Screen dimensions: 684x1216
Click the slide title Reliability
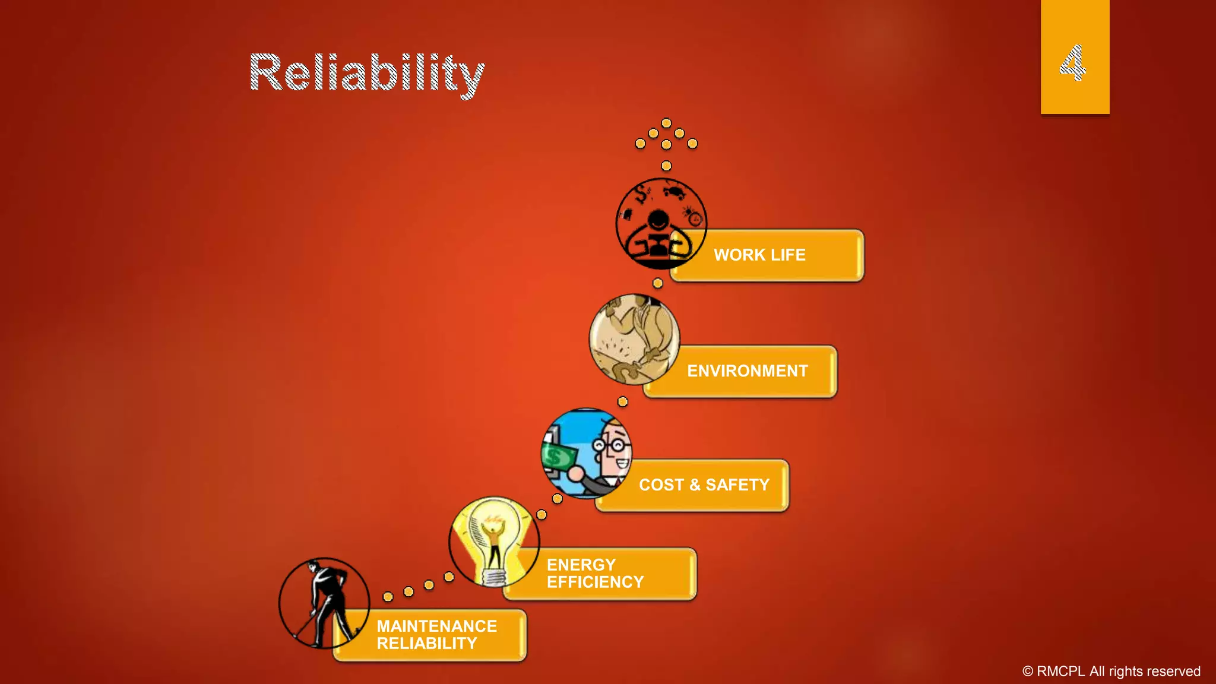366,73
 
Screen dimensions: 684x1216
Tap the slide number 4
1073,62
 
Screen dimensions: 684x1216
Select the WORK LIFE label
759,255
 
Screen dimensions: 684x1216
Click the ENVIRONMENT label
747,371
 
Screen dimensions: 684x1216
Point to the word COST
661,485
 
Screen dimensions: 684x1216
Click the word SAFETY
737,485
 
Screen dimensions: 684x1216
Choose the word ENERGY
581,565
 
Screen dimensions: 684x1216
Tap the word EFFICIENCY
595,582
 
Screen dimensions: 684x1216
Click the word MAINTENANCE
436,626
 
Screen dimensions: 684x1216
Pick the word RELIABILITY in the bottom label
426,644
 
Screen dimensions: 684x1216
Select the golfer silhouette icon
324,603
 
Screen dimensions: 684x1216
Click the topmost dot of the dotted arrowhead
666,123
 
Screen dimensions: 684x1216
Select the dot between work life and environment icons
657,283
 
